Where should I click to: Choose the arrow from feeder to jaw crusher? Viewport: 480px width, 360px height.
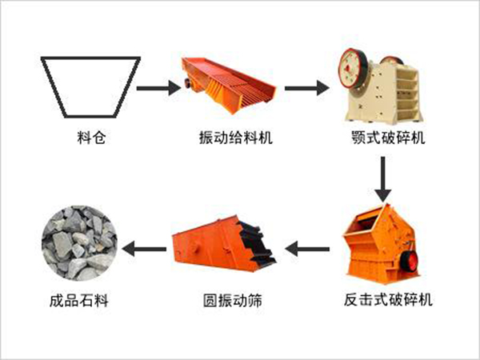coord(307,85)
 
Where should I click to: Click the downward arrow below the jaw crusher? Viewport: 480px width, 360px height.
coord(384,178)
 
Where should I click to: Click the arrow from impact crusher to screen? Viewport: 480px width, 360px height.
coord(307,249)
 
